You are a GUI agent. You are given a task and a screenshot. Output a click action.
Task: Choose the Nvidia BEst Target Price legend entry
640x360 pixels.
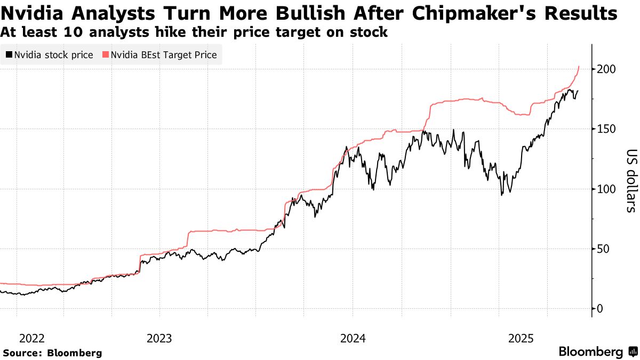click(x=160, y=55)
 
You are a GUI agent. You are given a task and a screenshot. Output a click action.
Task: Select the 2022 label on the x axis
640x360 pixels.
click(x=32, y=338)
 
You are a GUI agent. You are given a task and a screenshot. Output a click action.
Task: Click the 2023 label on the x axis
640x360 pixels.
click(x=159, y=338)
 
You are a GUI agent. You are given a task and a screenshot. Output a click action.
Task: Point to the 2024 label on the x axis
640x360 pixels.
click(x=352, y=338)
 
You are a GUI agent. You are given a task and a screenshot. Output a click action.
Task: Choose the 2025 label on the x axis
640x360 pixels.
click(x=522, y=338)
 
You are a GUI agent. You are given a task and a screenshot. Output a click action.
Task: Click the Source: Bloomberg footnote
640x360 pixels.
click(x=52, y=353)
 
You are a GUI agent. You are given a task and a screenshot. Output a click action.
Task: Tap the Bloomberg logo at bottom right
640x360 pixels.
click(x=597, y=352)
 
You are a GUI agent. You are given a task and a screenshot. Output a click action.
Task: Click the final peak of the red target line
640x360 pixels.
click(x=579, y=67)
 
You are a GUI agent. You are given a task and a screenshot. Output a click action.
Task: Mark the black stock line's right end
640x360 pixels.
click(x=578, y=91)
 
